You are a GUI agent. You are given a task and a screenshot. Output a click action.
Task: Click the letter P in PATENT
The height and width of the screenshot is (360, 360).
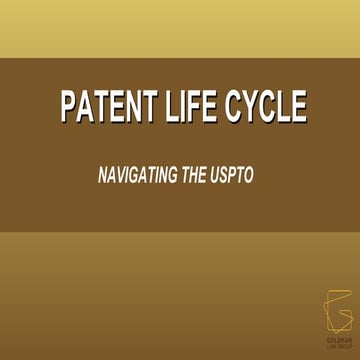[69, 107]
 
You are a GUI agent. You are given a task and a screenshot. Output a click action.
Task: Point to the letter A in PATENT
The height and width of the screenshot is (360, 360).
[85, 107]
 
